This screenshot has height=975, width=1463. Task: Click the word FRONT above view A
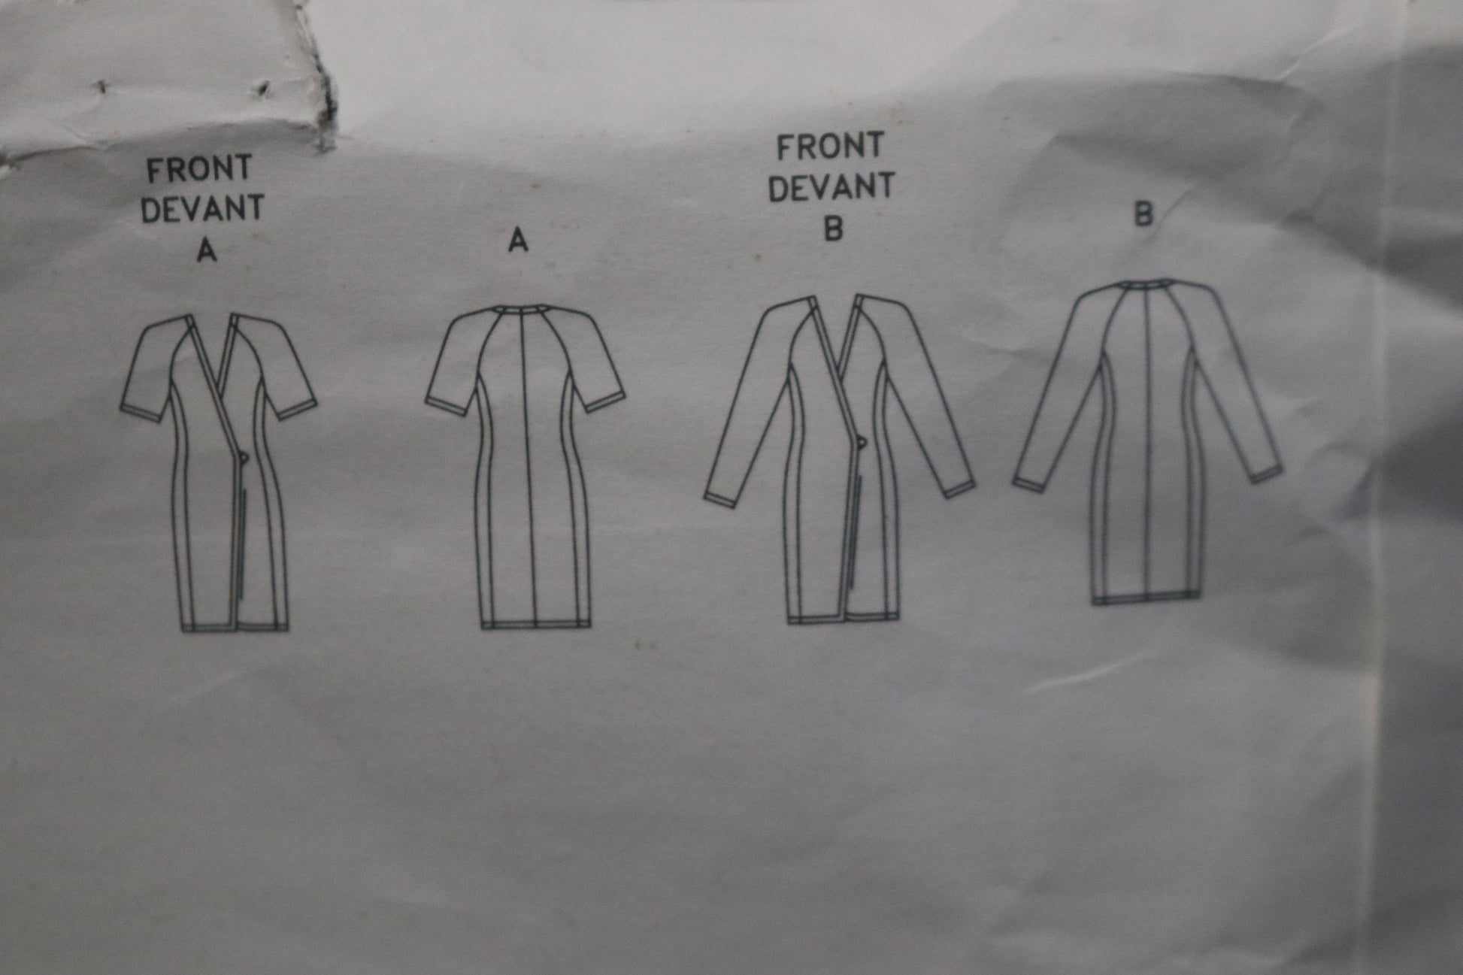click(x=199, y=170)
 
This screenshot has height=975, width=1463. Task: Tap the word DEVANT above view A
click(x=202, y=208)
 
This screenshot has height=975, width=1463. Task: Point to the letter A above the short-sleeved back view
click(x=518, y=240)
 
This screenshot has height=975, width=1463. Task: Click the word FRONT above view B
click(x=829, y=147)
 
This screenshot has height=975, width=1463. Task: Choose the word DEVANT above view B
click(x=831, y=187)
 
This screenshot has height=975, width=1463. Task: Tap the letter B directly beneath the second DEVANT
click(x=833, y=228)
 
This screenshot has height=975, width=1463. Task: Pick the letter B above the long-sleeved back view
click(x=1143, y=215)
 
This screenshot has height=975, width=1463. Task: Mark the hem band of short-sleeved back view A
click(x=535, y=624)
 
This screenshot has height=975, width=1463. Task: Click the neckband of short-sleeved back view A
click(x=520, y=308)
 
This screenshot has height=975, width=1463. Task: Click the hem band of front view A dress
click(x=235, y=625)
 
